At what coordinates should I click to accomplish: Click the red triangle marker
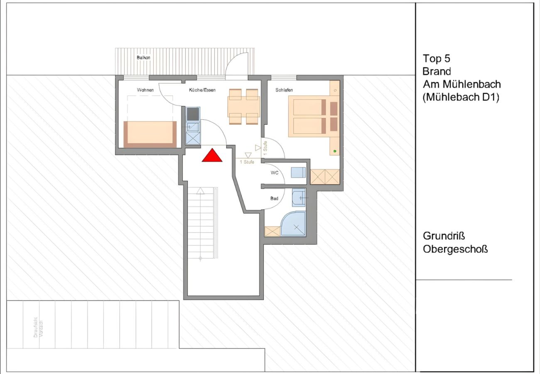[x=212, y=155]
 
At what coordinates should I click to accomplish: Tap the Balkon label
[x=143, y=58]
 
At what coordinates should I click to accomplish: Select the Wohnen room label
[x=145, y=90]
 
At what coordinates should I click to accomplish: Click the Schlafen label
[x=284, y=90]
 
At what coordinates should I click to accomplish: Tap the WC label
[x=274, y=172]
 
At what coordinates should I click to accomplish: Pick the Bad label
[x=274, y=199]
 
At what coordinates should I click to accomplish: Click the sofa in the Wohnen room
[x=150, y=134]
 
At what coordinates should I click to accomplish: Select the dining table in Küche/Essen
[x=243, y=106]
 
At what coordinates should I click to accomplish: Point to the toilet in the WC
[x=298, y=172]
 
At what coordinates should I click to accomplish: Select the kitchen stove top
[x=193, y=113]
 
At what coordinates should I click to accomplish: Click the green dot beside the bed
[x=335, y=150]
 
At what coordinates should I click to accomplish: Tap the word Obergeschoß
[x=455, y=249]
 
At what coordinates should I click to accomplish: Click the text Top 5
[x=437, y=58]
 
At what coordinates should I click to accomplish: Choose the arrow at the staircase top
[x=201, y=191]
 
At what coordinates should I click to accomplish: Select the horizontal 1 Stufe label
[x=247, y=162]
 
